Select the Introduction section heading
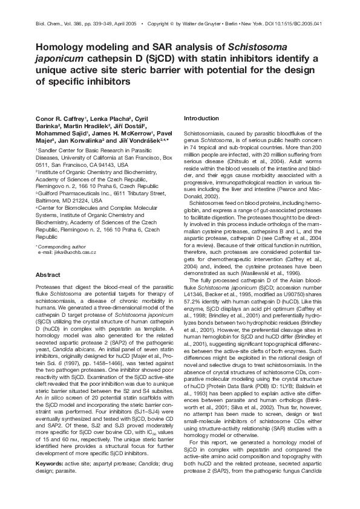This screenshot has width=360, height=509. click(x=201, y=118)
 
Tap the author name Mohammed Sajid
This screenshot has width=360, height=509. click(x=61, y=133)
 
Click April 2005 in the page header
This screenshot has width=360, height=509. click(x=125, y=24)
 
